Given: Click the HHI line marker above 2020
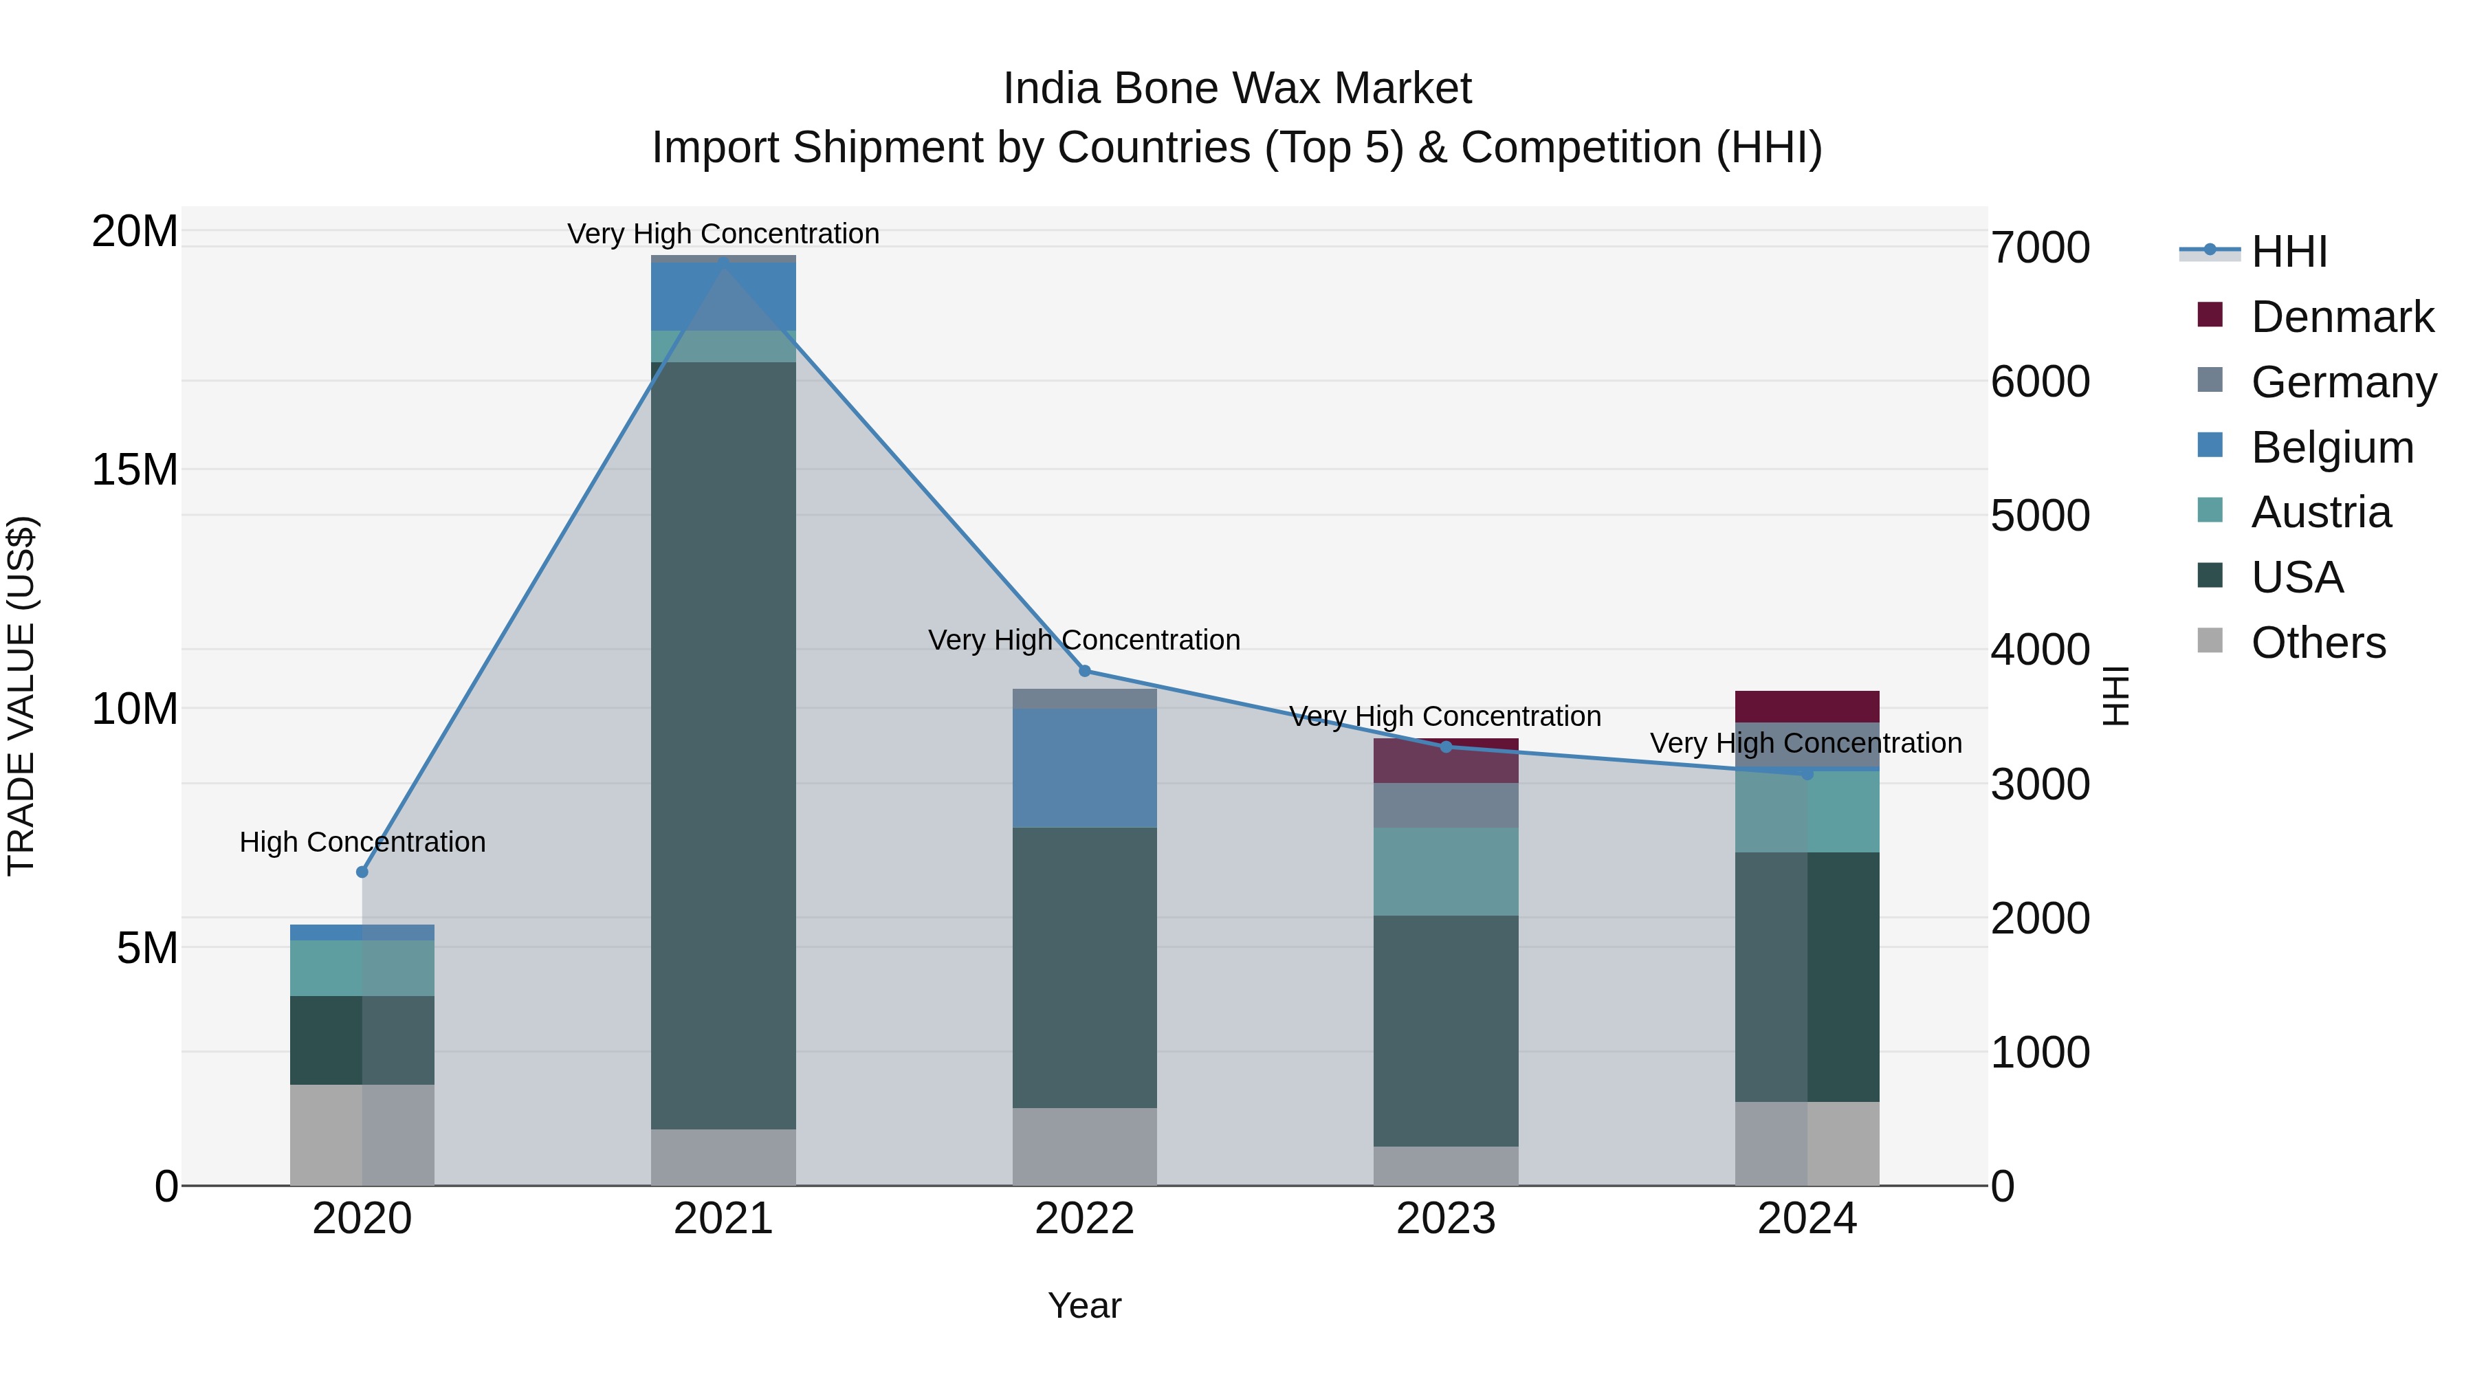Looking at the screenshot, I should click(x=362, y=872).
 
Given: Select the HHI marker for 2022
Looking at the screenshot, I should click(x=1085, y=670).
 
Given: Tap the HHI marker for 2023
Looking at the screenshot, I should click(x=1446, y=747).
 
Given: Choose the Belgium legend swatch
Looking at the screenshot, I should click(x=2210, y=445).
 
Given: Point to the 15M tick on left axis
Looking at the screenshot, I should click(x=135, y=469).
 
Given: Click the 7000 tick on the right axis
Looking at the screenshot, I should click(x=2040, y=248).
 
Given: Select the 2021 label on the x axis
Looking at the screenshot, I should click(x=723, y=1219).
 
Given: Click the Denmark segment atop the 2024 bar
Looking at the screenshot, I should click(x=1806, y=706).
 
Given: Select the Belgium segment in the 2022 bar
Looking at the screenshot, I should click(x=1085, y=768).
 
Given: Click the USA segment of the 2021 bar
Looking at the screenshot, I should click(x=723, y=744).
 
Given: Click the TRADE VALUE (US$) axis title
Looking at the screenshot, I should click(x=21, y=696).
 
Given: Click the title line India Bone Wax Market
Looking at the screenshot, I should click(x=1237, y=89).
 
